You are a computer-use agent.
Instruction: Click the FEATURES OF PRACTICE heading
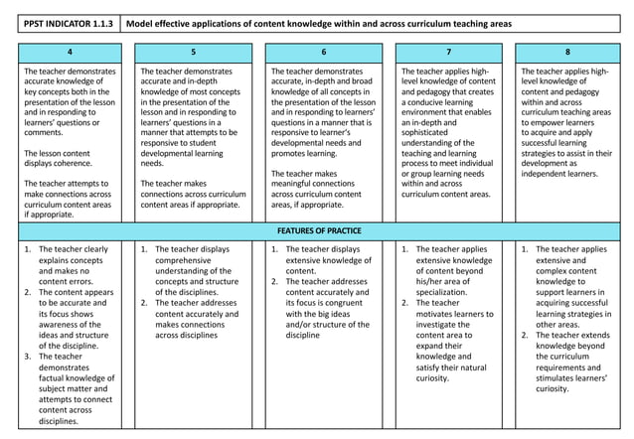tap(317, 230)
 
